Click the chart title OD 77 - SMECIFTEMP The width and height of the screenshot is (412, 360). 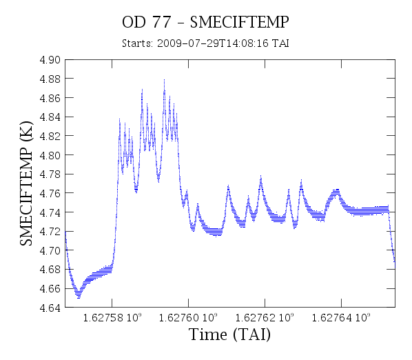(x=205, y=22)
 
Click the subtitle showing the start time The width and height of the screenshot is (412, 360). (x=205, y=43)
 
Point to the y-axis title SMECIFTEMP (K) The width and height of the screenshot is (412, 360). (x=26, y=183)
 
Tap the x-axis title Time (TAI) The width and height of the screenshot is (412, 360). (x=229, y=334)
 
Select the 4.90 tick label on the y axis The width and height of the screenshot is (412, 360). (x=50, y=60)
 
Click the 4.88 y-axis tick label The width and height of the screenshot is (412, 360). (x=50, y=79)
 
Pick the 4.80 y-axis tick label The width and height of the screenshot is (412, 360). (x=50, y=155)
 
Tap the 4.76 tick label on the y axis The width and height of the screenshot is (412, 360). (x=50, y=193)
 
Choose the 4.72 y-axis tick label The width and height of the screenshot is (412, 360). (x=50, y=232)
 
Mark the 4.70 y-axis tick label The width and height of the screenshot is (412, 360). (x=50, y=250)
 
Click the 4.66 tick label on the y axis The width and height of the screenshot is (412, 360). (x=50, y=289)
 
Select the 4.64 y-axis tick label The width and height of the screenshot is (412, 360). (x=50, y=308)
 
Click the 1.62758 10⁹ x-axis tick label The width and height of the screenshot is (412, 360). (x=112, y=318)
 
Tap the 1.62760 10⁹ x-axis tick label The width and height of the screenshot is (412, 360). (x=188, y=318)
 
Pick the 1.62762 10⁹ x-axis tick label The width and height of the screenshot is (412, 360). (x=265, y=318)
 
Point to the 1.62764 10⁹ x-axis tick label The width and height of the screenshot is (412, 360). (x=341, y=318)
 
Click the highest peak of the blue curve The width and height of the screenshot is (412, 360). (x=164, y=79)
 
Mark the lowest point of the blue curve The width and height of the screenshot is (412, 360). (x=79, y=298)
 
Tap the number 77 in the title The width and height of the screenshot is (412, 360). (x=162, y=22)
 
